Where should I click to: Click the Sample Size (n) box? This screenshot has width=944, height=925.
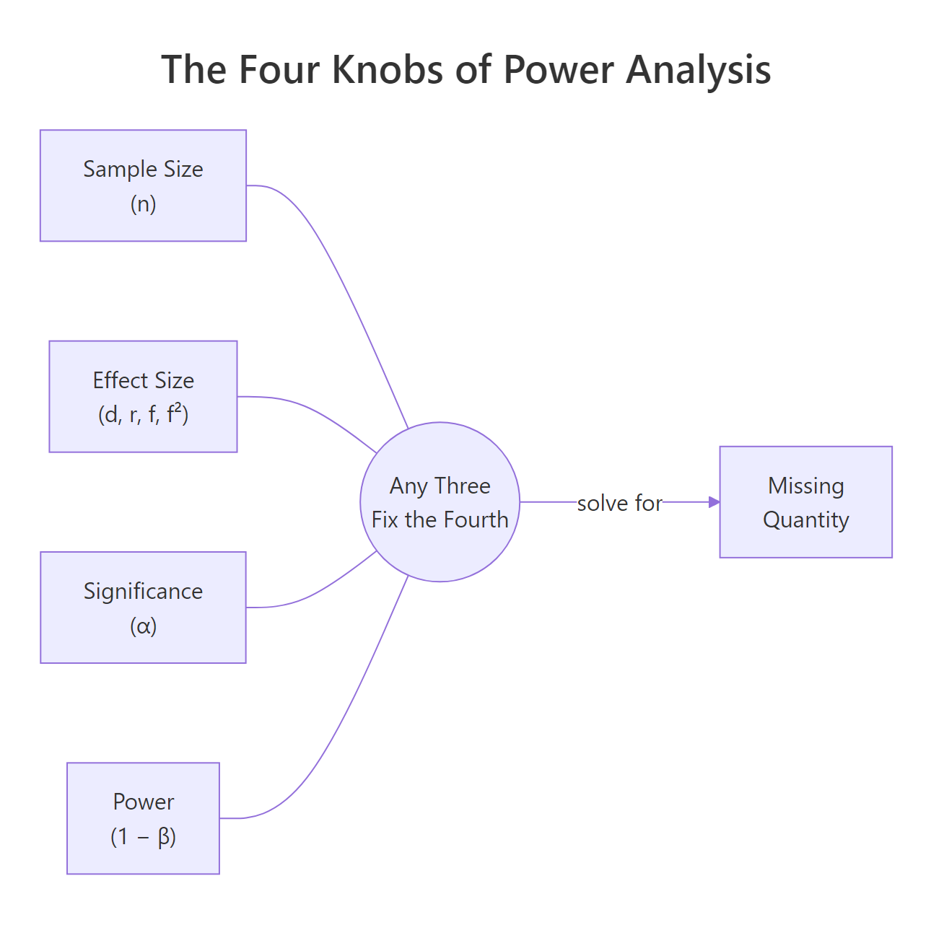[x=143, y=185]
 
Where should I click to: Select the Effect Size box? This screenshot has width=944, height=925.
[x=143, y=396]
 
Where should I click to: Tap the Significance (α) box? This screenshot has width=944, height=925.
[x=143, y=607]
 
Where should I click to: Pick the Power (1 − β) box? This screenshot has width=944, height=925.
[x=143, y=817]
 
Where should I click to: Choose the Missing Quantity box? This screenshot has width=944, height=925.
[x=805, y=501]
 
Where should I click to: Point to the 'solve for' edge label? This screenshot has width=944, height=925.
[x=619, y=503]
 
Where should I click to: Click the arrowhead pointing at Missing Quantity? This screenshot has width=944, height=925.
[x=714, y=502]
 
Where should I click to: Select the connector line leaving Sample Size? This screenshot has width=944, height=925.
[x=339, y=274]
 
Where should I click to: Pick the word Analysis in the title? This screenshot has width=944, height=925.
[x=698, y=70]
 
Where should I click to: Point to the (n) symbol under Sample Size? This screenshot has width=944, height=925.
[x=143, y=204]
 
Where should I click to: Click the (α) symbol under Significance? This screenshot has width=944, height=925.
[x=143, y=626]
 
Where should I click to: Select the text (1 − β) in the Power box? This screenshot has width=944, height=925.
[x=143, y=837]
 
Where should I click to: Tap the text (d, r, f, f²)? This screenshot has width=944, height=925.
[x=143, y=415]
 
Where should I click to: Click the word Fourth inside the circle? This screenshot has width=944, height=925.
[x=476, y=520]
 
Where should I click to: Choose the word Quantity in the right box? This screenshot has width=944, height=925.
[x=805, y=520]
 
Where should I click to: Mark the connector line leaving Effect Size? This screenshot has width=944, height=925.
[x=318, y=411]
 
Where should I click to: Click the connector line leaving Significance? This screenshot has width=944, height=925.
[x=318, y=592]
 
